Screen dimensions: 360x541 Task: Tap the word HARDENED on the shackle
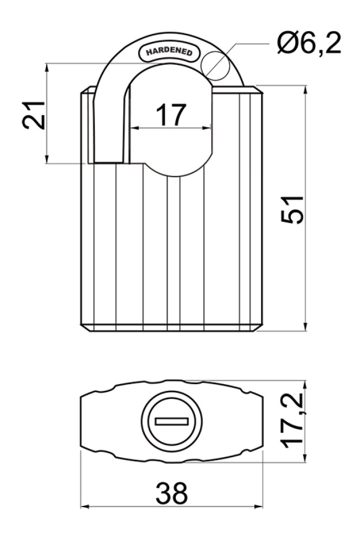tap(169, 52)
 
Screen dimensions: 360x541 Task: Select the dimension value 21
tap(33, 115)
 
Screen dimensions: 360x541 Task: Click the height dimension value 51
tap(291, 210)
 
